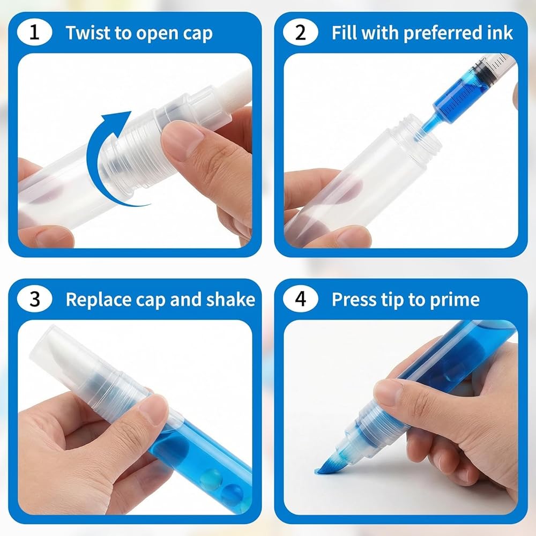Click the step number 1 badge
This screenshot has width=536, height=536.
coord(34,33)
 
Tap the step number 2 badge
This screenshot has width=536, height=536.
coord(300,33)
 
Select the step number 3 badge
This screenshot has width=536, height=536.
coord(34,299)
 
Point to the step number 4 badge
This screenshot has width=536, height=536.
coord(300,299)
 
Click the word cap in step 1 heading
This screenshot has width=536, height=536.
coord(198,34)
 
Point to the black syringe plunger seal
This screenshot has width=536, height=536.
coord(481,72)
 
